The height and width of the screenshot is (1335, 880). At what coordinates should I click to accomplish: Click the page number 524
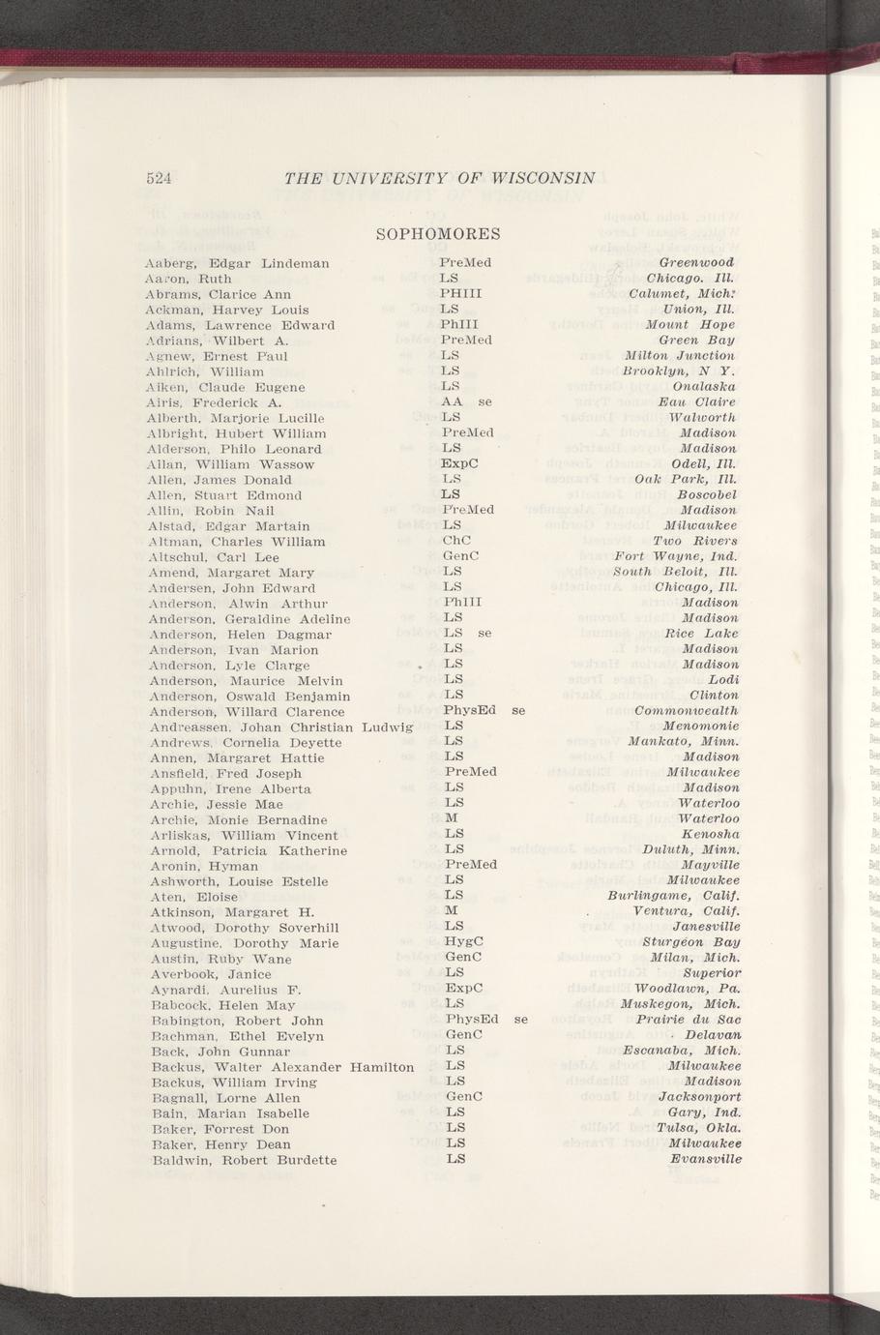pyautogui.click(x=159, y=178)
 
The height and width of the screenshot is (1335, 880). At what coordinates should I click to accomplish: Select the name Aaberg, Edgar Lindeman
pyautogui.click(x=237, y=263)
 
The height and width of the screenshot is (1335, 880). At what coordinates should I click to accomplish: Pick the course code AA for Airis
pyautogui.click(x=451, y=401)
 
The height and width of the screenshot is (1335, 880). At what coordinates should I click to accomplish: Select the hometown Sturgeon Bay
pyautogui.click(x=691, y=942)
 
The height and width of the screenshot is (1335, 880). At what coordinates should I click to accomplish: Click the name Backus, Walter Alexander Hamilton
pyautogui.click(x=283, y=1066)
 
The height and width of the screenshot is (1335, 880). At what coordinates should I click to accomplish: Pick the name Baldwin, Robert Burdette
pyautogui.click(x=245, y=1160)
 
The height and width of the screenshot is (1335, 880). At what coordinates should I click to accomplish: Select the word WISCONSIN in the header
pyautogui.click(x=543, y=178)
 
